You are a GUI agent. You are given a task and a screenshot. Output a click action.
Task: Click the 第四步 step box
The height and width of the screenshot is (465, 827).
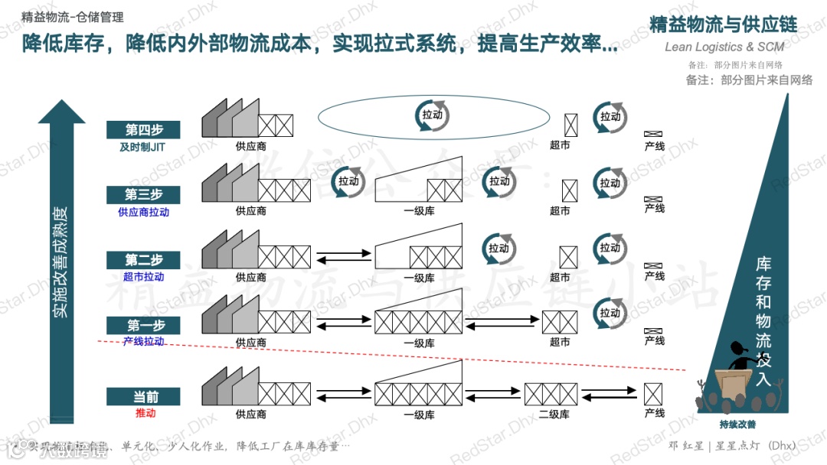pyautogui.click(x=145, y=130)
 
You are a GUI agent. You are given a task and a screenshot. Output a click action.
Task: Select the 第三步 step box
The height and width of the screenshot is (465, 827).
pyautogui.click(x=145, y=194)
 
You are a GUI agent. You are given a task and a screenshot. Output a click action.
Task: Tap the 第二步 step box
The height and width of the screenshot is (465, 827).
pyautogui.click(x=145, y=259)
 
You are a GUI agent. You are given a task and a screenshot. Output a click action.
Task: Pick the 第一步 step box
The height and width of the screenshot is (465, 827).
pyautogui.click(x=145, y=325)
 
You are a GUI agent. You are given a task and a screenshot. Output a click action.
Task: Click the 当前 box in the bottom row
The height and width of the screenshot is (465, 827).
pyautogui.click(x=145, y=396)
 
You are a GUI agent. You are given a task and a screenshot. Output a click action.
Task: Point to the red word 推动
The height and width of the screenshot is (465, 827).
pyautogui.click(x=145, y=413)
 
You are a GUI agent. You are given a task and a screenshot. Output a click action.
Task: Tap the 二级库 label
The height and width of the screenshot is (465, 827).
pyautogui.click(x=553, y=415)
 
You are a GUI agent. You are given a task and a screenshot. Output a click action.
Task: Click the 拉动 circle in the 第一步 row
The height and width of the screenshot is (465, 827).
pyautogui.click(x=610, y=313)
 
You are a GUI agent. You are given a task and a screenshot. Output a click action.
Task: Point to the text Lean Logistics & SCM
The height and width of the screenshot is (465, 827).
pyautogui.click(x=724, y=47)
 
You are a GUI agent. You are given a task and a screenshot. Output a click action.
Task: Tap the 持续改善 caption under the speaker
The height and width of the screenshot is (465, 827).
pyautogui.click(x=737, y=425)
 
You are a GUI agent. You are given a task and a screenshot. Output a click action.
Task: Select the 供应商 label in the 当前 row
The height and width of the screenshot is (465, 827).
pyautogui.click(x=251, y=415)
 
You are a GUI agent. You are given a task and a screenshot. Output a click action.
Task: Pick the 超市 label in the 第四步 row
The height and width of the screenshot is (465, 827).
pyautogui.click(x=560, y=145)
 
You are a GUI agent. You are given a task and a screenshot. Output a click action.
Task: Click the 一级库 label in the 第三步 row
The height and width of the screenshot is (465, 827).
pyautogui.click(x=419, y=211)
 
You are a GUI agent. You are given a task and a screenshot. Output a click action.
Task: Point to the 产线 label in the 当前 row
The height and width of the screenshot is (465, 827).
pyautogui.click(x=654, y=414)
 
